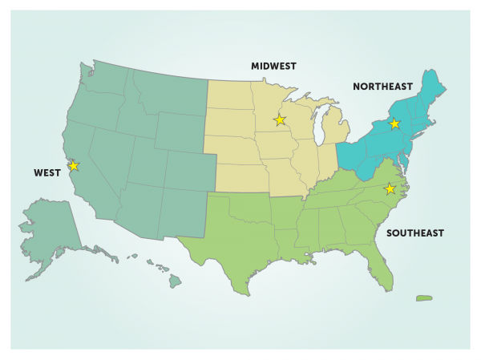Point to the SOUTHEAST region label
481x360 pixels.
click(416, 233)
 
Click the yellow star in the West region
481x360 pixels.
click(74, 166)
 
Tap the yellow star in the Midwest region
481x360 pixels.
click(279, 120)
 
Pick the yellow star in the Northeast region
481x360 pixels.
click(394, 123)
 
